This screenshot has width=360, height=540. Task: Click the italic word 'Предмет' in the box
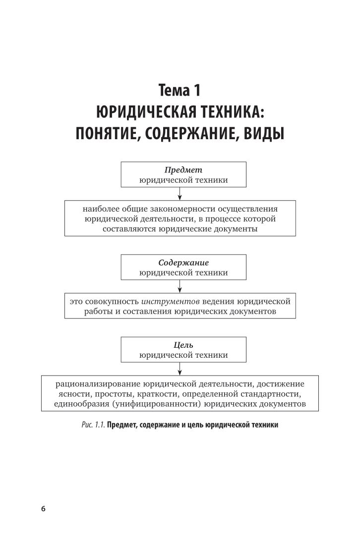click(x=183, y=170)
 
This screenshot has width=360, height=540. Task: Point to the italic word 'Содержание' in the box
click(x=183, y=263)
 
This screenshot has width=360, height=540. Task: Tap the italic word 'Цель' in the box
click(x=183, y=345)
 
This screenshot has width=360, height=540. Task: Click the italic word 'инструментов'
click(x=168, y=301)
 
